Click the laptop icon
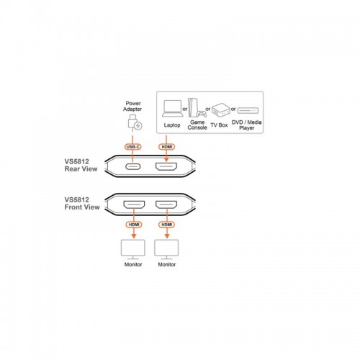(173, 109)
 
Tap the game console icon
(197, 107)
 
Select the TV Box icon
(221, 109)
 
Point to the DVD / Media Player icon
(248, 110)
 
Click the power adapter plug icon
(135, 123)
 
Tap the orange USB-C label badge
(132, 147)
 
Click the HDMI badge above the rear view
(167, 147)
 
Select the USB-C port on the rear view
(133, 166)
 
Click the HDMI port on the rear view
(166, 166)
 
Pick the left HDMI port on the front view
(134, 204)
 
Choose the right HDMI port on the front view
(166, 204)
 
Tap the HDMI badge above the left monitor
(134, 225)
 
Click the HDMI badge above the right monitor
(167, 225)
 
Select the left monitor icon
(133, 249)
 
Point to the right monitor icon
(166, 249)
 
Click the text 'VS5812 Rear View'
(81, 165)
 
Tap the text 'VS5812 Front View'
(82, 203)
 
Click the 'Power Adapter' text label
(132, 106)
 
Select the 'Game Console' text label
(197, 125)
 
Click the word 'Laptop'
(172, 125)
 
